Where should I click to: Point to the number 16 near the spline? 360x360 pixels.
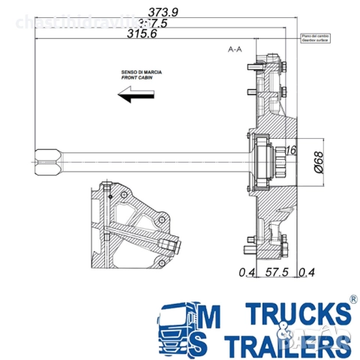click(x=291, y=151)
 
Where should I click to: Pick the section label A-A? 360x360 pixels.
click(x=235, y=49)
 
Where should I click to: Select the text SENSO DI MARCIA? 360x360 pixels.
click(x=141, y=73)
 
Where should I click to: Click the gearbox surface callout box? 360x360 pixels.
click(x=316, y=37)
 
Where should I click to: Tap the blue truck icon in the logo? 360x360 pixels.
click(x=176, y=328)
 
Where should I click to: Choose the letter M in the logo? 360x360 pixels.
click(x=211, y=315)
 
